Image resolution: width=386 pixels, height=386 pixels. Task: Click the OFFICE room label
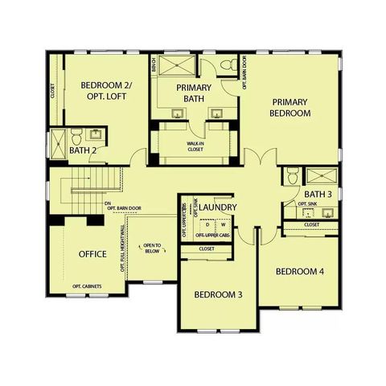click(x=92, y=254)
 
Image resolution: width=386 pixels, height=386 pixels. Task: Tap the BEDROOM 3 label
click(x=218, y=294)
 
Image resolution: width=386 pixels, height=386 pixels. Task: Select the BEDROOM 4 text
click(x=299, y=272)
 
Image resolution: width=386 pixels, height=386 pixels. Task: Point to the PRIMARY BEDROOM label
click(x=290, y=108)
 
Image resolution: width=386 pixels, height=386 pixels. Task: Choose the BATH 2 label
click(x=83, y=150)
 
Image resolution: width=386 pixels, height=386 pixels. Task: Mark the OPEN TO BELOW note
click(x=153, y=249)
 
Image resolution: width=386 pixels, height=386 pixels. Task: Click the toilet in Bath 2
click(x=75, y=133)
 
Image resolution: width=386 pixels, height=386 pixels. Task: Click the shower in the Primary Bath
click(x=177, y=66)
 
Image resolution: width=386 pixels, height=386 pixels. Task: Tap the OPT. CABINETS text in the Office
click(x=87, y=287)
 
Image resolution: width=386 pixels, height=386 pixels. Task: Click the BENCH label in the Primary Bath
click(x=153, y=63)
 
